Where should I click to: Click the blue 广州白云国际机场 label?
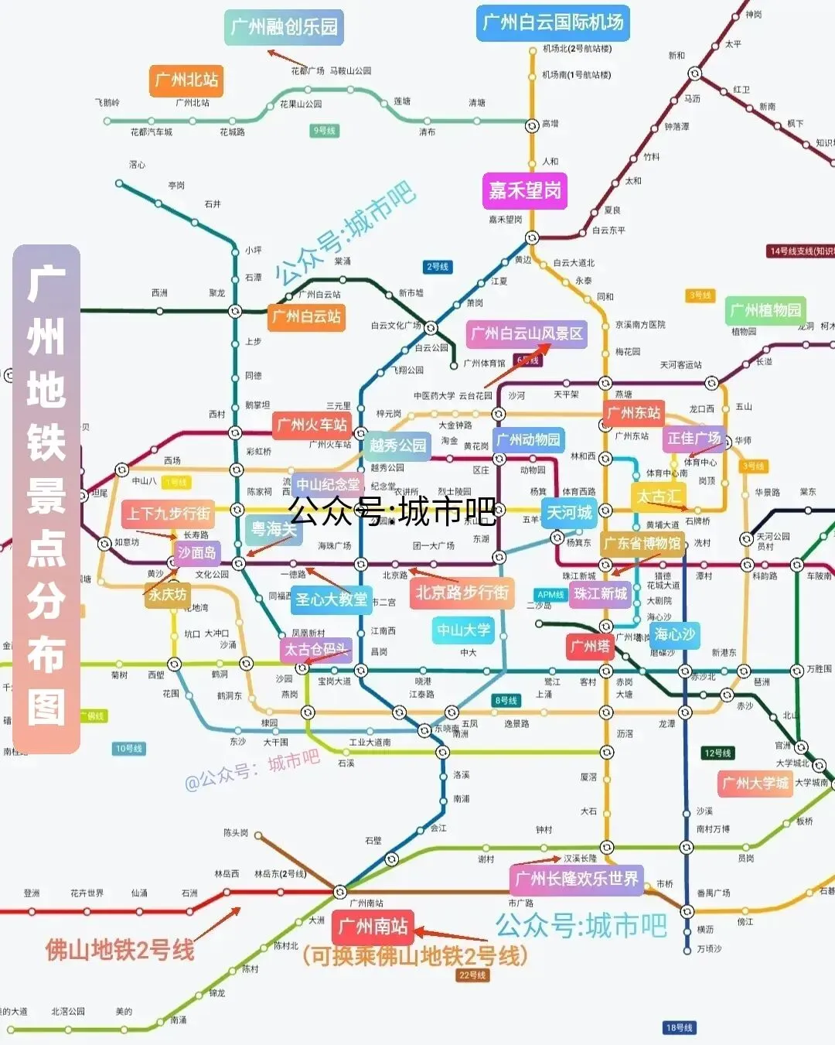point(552,22)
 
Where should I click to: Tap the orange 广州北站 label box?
point(186,80)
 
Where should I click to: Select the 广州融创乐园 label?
point(284,27)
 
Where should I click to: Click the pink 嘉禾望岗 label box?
point(525,190)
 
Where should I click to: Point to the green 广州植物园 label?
point(765,310)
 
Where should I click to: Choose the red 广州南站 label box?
point(373,926)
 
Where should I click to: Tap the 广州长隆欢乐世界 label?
point(577,879)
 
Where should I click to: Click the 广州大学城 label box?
point(755,783)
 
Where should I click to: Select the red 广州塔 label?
point(590,646)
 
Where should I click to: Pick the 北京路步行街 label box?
point(462,593)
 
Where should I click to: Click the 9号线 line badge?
point(325,131)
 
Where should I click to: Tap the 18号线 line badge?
point(680,1027)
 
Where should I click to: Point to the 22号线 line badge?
point(472,975)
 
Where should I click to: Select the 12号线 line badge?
point(717,753)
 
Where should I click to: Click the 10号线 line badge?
point(128,749)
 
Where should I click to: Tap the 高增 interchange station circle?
point(532,125)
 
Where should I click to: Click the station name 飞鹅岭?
point(107,102)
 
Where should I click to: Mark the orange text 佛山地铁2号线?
point(120,950)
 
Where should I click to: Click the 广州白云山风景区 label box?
point(527,334)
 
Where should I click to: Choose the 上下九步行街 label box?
point(169,514)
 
